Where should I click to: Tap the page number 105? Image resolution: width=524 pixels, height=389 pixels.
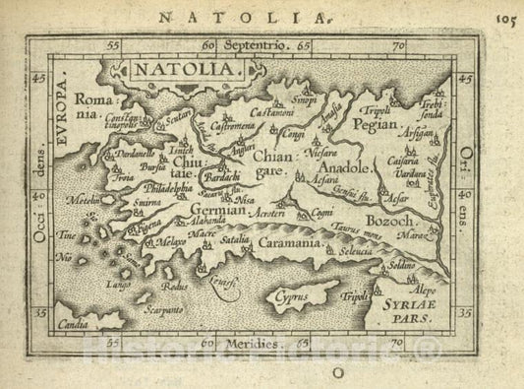point(508,15)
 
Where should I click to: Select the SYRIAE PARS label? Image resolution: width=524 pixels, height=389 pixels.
point(402,313)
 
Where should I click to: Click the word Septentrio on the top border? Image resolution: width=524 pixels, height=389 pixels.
point(259,45)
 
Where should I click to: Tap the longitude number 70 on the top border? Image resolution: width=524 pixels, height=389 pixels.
point(397,45)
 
